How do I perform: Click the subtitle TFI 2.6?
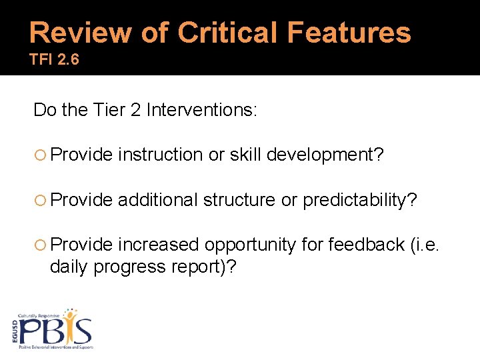(54, 60)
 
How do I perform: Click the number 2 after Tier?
(134, 109)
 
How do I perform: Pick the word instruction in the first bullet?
(161, 155)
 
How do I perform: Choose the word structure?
(239, 200)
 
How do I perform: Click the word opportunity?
(250, 245)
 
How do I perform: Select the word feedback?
(364, 245)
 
